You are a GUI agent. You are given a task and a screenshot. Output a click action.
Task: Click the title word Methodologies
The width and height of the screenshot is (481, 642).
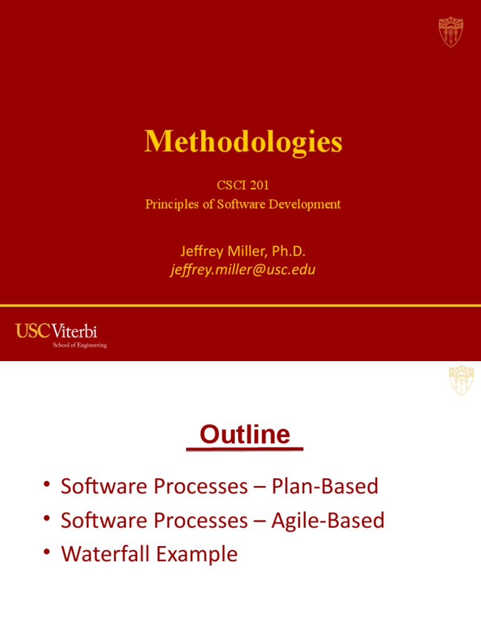[x=243, y=142]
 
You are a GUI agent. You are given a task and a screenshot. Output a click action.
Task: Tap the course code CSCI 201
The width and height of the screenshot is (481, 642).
[x=243, y=185]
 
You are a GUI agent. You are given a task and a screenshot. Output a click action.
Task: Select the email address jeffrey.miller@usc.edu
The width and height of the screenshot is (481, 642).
[x=243, y=270]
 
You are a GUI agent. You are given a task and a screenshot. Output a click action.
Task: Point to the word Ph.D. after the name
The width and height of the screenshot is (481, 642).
[x=289, y=251]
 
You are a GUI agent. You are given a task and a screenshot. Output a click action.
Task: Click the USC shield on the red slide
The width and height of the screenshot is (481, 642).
[x=451, y=32]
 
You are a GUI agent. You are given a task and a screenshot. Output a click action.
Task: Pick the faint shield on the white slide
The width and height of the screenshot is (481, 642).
[x=461, y=381]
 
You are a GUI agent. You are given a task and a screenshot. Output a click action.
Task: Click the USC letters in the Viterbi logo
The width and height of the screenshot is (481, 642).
[x=33, y=331]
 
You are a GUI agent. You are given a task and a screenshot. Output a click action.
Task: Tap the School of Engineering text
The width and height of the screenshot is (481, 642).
[x=80, y=345]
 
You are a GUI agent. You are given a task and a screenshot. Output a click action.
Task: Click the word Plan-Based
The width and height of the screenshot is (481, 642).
[x=325, y=487]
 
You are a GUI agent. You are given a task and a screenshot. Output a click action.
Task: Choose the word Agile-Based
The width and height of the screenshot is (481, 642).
[x=328, y=521]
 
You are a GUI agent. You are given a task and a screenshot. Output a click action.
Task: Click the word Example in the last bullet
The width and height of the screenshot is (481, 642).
[x=197, y=555]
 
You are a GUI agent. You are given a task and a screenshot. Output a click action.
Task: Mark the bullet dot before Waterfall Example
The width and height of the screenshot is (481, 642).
[x=47, y=552]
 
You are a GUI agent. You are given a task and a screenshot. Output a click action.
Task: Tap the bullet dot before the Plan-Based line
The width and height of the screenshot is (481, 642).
[x=47, y=484]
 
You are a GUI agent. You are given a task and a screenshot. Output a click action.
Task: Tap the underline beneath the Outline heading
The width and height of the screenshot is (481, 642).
[x=245, y=449]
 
